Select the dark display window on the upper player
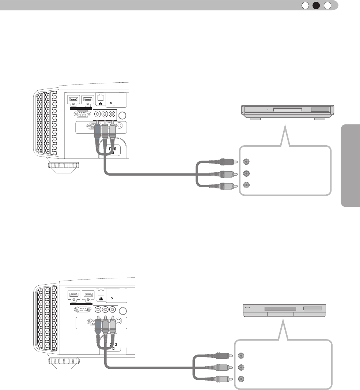(x=321, y=109)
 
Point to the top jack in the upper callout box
(x=247, y=161)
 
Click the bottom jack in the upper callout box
(x=247, y=185)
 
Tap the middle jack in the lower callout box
(x=241, y=367)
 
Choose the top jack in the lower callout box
(x=241, y=355)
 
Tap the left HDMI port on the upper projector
(x=73, y=100)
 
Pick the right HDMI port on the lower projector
(x=88, y=294)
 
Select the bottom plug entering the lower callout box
(x=223, y=379)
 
